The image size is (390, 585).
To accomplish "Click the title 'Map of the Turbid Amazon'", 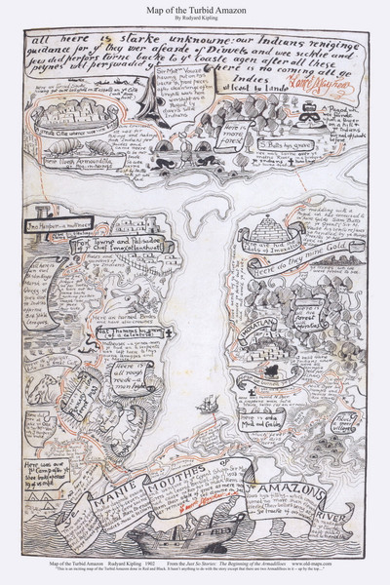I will point(195,10).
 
